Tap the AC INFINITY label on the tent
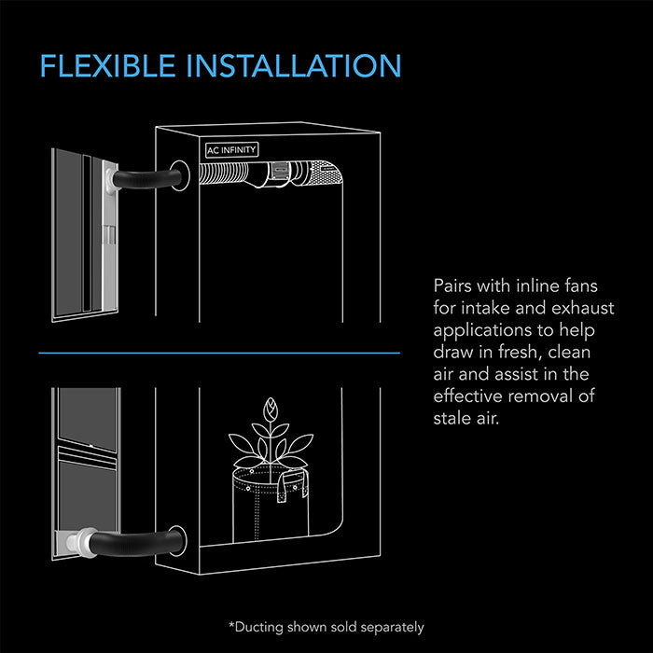[231, 149]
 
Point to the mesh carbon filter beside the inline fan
[324, 172]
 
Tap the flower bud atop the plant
[272, 410]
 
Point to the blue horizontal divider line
[219, 354]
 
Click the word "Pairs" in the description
[454, 285]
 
